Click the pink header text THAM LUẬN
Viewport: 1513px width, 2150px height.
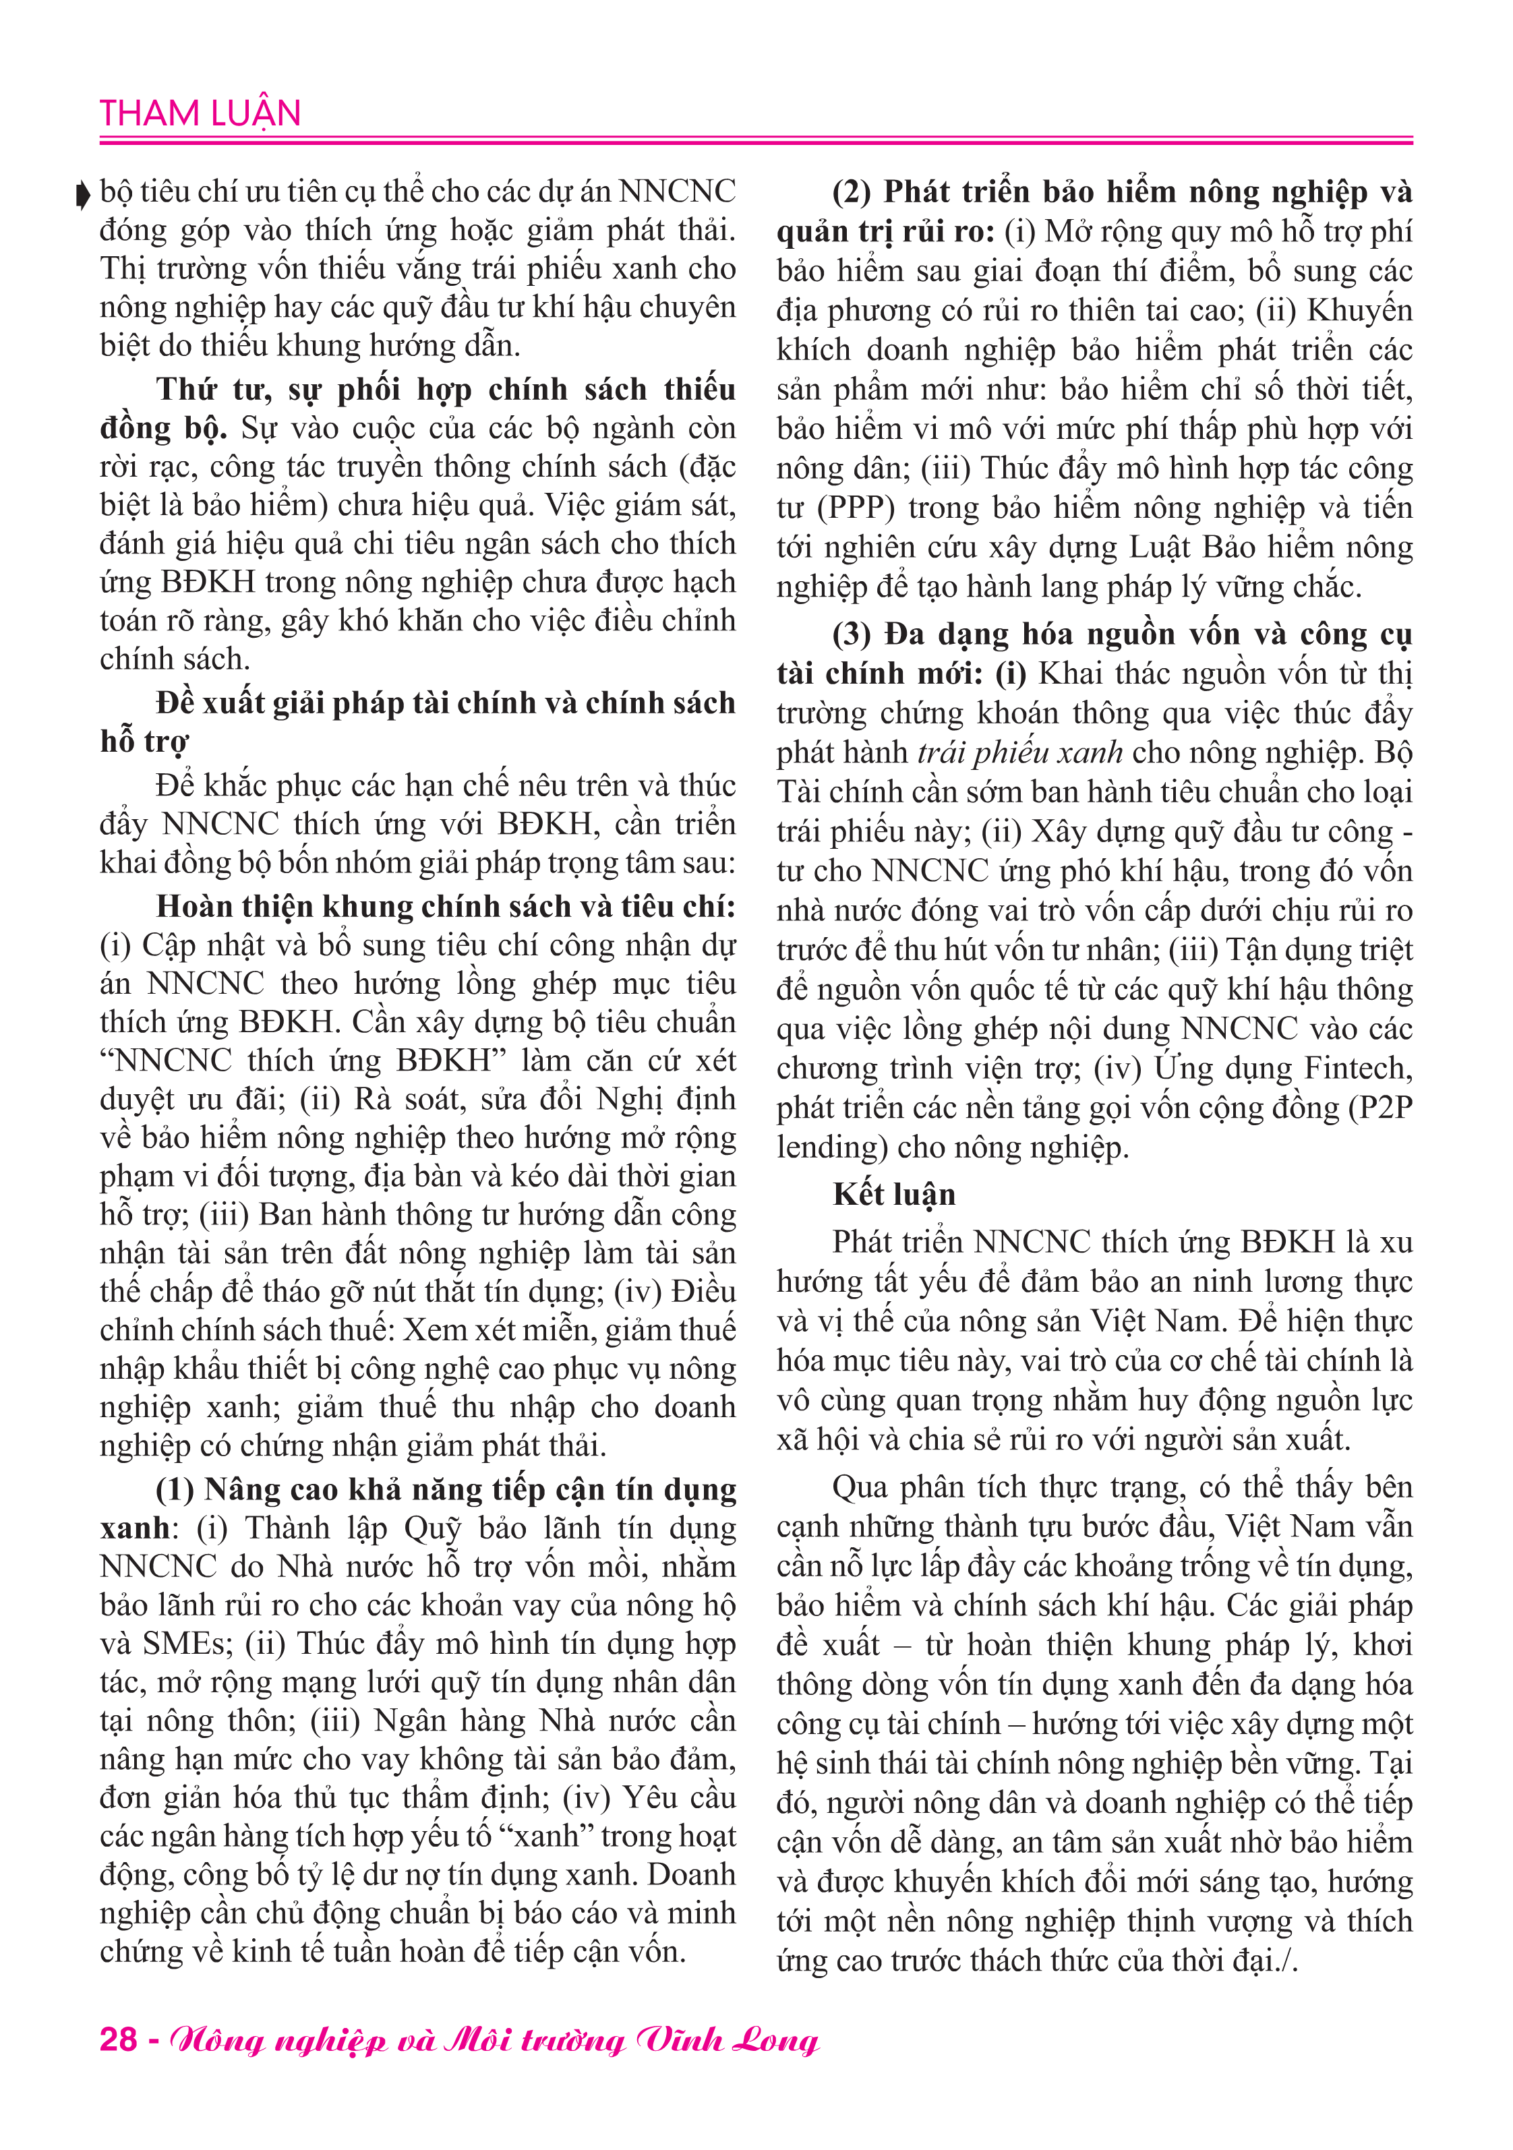coord(200,113)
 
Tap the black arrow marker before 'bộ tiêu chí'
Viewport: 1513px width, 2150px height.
coord(82,194)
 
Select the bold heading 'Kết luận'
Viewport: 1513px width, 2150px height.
coord(894,1194)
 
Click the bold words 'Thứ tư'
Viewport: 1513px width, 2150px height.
coord(215,390)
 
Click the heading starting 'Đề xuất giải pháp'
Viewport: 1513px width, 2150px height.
coord(445,703)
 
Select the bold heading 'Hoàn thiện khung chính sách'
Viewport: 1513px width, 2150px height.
coord(445,906)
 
